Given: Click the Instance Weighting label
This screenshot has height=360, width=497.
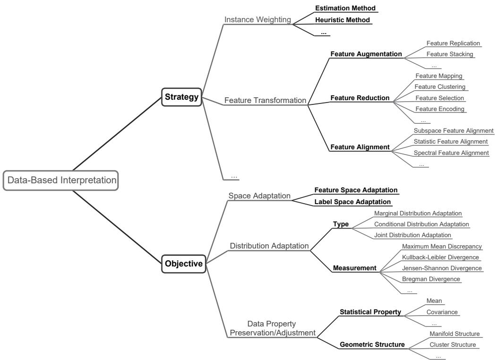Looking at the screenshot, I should [x=258, y=20].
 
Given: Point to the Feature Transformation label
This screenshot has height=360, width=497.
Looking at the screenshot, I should [x=265, y=100].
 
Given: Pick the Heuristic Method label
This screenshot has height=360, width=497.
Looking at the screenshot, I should [x=343, y=20].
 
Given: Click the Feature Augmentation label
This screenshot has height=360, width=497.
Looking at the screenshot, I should [x=367, y=54].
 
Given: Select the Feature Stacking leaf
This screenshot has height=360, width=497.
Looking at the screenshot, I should [x=450, y=54].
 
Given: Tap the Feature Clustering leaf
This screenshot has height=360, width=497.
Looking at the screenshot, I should [x=440, y=87].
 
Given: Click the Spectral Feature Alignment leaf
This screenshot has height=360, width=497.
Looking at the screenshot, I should [x=451, y=153].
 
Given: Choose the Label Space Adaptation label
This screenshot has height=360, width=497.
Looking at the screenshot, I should [x=353, y=202].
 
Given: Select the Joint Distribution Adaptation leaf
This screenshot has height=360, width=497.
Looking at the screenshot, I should [x=412, y=235].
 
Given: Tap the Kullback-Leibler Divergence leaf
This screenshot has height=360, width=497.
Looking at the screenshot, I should [x=440, y=257].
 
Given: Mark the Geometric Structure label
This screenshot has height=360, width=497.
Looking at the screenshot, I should [x=372, y=345].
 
